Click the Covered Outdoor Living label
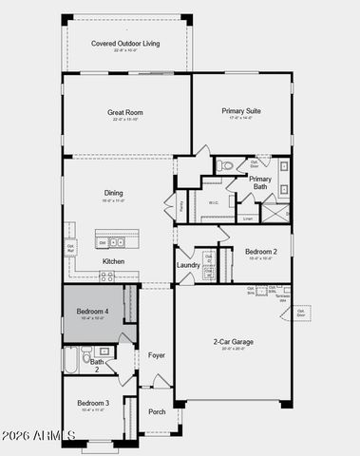125,44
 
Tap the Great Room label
125,111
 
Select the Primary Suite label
241,111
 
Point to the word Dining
112,193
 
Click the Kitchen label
113,261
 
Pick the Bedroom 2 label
260,252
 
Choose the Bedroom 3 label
93,404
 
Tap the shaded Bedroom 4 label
93,311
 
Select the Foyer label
157,355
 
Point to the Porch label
157,411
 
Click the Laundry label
188,265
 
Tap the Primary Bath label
260,182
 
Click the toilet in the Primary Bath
224,166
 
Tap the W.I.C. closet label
214,202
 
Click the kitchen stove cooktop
106,275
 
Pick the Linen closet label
248,218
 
